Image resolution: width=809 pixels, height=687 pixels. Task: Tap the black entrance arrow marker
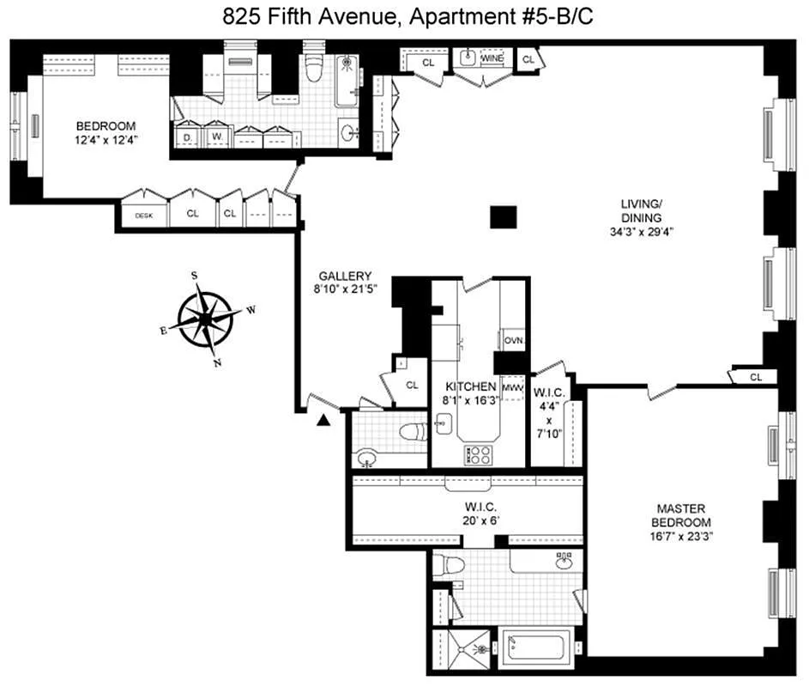tap(323, 419)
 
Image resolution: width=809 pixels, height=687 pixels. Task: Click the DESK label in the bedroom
tap(143, 215)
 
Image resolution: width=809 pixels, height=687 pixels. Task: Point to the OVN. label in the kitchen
tap(513, 341)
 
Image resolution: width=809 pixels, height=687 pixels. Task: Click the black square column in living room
tap(503, 217)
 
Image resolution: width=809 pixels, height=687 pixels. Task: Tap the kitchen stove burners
tap(477, 454)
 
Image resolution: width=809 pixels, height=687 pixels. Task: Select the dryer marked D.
tap(187, 137)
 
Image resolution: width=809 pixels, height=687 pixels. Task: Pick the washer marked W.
tap(217, 137)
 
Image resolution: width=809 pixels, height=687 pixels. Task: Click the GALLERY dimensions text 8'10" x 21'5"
tap(344, 289)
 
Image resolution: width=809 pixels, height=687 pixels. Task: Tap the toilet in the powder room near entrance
tap(413, 431)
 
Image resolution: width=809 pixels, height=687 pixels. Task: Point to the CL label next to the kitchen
tap(412, 386)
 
